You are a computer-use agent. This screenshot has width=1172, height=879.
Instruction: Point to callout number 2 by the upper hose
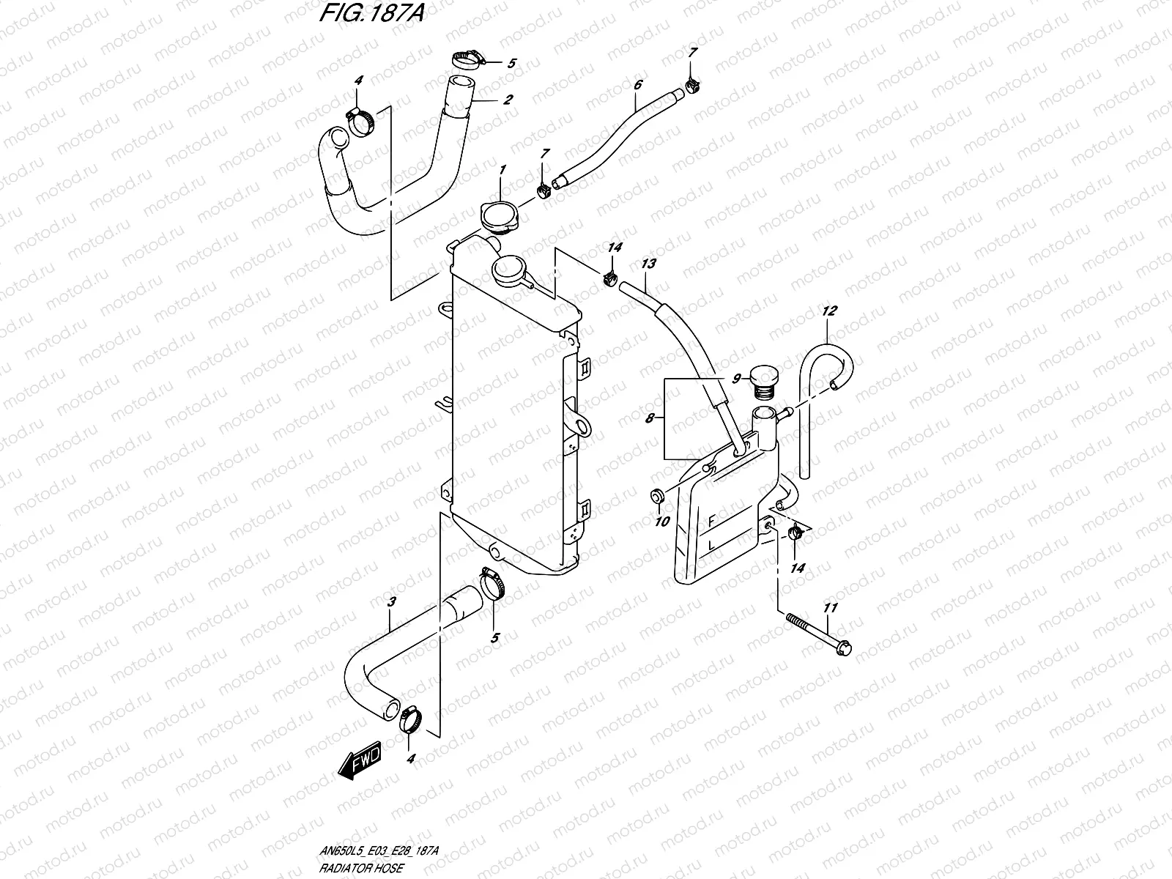coord(507,100)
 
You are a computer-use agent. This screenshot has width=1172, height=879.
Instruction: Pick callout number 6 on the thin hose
coord(637,85)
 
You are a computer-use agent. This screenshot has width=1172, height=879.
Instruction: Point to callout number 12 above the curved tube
coord(828,311)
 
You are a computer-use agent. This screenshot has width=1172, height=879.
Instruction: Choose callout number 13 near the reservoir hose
coord(648,264)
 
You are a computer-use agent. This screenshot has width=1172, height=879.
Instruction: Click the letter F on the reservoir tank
coord(710,522)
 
